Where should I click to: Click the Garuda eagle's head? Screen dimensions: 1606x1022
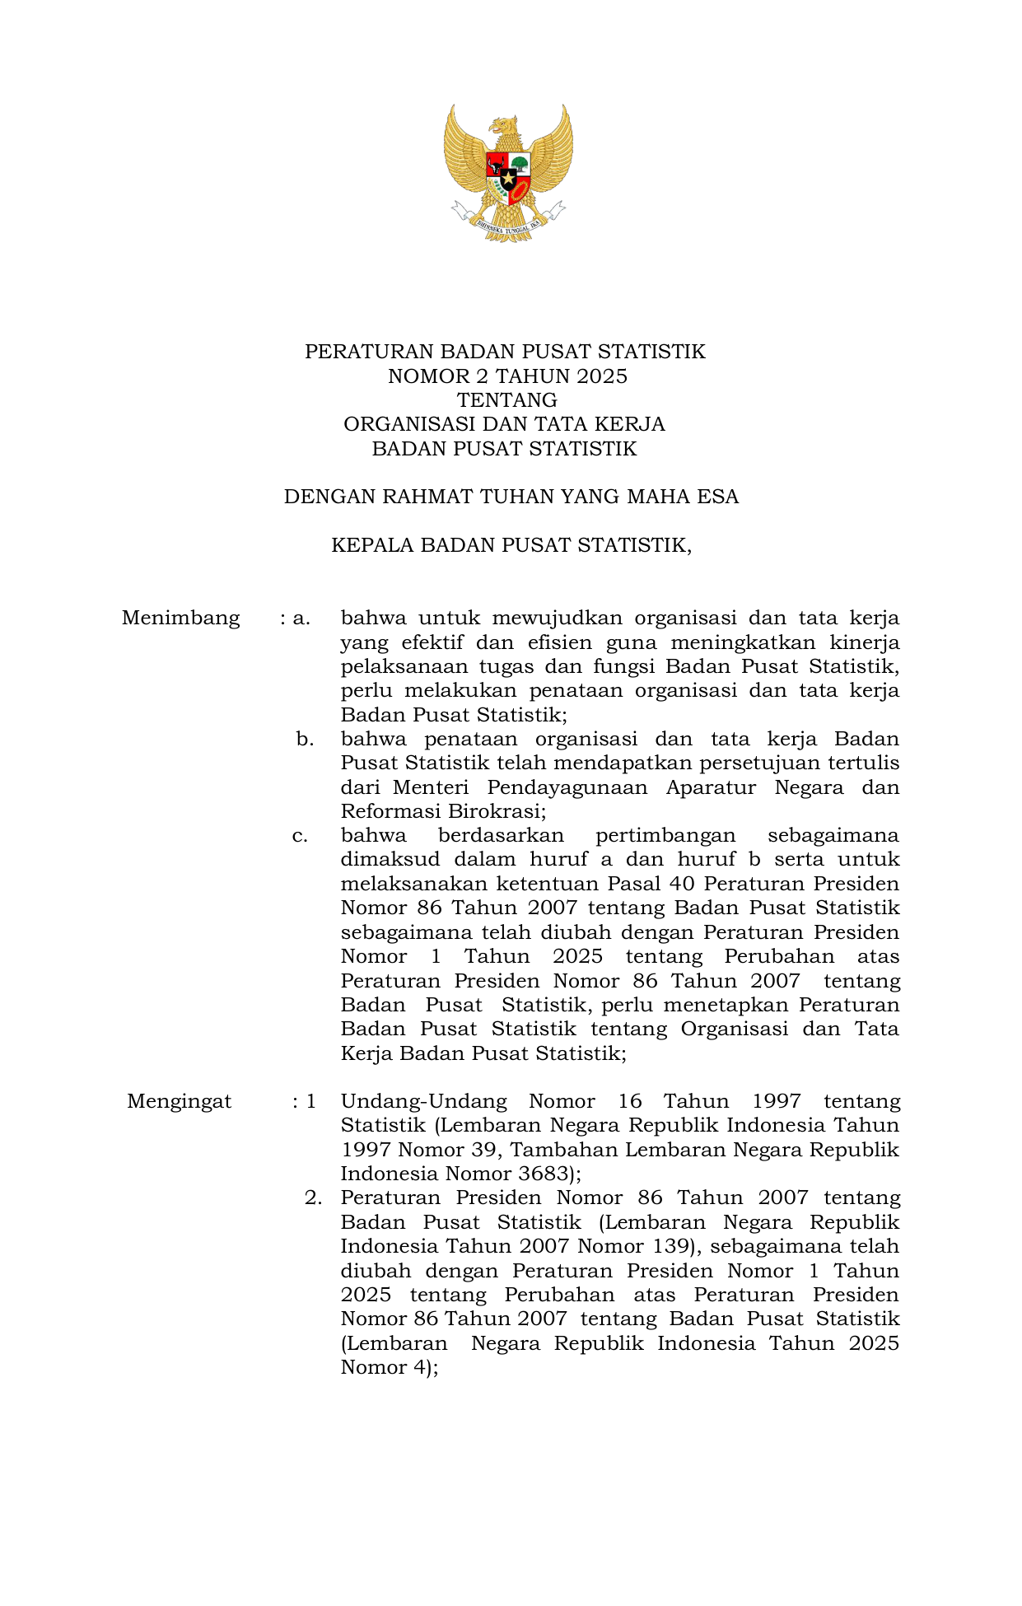[504, 128]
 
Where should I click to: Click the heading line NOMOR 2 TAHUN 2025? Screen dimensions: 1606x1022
[507, 376]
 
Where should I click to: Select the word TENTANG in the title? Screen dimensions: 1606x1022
[507, 400]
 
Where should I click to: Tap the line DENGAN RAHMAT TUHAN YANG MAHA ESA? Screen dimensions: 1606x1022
[511, 497]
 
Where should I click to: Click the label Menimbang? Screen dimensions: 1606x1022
[180, 618]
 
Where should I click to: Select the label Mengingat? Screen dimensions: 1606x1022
[179, 1101]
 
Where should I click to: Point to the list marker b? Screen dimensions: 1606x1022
[305, 739]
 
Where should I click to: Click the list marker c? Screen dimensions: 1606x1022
[301, 836]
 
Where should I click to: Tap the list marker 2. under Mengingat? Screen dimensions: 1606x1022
[312, 1197]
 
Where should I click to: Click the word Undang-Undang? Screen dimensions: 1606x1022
[423, 1101]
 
